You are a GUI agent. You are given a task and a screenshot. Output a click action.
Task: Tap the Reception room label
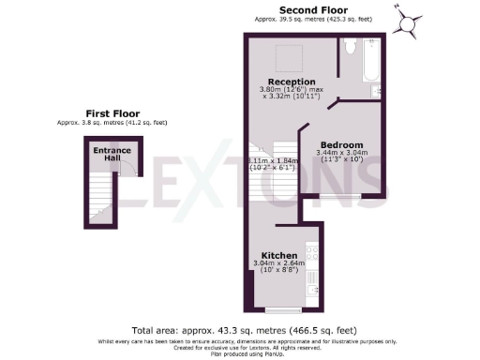click(292, 82)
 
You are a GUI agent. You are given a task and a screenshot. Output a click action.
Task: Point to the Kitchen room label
click(279, 256)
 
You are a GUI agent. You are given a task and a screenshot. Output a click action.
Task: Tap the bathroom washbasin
click(376, 91)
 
